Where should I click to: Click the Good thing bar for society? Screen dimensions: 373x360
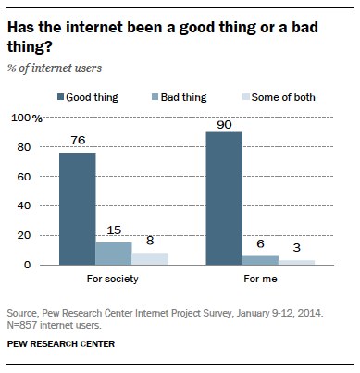[77, 209]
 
